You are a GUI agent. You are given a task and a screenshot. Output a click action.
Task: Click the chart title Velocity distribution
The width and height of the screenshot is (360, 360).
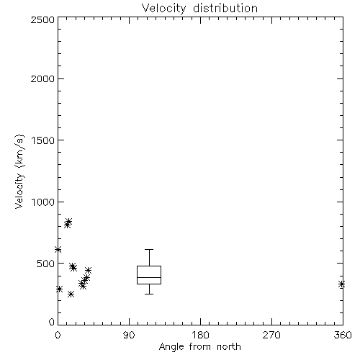click(199, 9)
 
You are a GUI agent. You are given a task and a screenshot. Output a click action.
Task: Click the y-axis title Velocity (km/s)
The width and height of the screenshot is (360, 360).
click(19, 171)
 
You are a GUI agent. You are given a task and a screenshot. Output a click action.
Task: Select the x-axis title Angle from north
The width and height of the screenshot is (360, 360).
click(199, 347)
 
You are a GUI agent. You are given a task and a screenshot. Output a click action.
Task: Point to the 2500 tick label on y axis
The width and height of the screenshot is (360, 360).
click(42, 19)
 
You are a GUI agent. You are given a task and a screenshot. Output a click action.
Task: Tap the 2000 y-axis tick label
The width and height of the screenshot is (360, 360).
click(42, 78)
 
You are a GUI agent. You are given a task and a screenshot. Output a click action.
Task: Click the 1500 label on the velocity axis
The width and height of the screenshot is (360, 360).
click(43, 140)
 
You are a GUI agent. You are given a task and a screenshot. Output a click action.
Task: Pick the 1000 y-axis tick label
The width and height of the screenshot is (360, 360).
click(43, 202)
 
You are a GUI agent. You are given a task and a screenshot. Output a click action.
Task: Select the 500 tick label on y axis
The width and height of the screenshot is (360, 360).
click(46, 264)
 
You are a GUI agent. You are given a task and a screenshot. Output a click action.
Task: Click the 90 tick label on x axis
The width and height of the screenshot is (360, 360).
click(129, 335)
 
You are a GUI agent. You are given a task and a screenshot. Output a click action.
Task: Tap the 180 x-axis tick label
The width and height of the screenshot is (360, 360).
click(200, 335)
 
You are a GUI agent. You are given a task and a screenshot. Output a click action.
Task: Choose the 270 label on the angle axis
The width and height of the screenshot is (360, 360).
click(271, 335)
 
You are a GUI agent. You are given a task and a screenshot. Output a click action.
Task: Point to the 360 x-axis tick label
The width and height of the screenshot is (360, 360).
click(343, 335)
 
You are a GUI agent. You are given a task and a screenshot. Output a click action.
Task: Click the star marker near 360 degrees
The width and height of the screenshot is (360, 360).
click(341, 284)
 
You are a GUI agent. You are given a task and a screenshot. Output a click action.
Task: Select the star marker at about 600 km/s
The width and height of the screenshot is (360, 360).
click(58, 250)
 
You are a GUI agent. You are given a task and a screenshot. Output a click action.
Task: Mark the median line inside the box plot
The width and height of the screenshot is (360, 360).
click(149, 277)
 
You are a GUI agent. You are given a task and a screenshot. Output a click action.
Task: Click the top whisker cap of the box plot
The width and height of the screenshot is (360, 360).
click(149, 250)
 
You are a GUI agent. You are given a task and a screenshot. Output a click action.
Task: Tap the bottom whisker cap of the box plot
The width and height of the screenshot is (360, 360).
click(149, 294)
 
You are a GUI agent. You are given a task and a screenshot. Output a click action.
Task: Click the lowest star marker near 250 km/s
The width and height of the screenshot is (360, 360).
click(71, 294)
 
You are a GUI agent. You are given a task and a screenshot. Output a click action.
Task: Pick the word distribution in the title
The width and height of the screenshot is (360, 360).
click(225, 9)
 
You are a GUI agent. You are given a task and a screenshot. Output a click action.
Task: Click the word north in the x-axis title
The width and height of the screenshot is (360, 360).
click(229, 347)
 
